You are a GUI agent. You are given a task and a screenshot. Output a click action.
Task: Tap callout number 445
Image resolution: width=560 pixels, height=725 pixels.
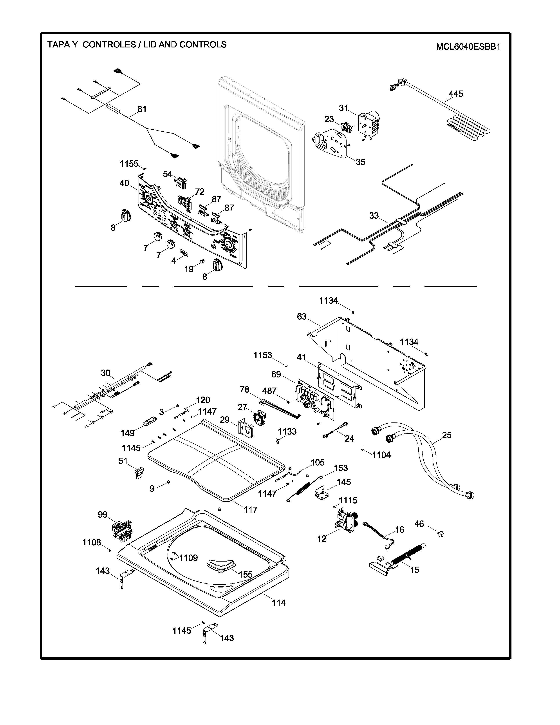tap(456, 94)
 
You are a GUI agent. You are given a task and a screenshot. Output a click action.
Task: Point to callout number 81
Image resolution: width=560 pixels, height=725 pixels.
tap(142, 109)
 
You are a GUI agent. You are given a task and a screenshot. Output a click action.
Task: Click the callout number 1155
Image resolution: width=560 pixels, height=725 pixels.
tap(129, 164)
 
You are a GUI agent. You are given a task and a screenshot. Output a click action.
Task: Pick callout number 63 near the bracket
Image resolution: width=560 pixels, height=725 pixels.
tap(302, 317)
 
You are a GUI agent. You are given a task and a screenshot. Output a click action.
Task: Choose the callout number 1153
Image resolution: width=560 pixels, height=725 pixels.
tap(262, 355)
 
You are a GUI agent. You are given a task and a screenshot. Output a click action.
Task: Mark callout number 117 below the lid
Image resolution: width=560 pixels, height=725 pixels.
tap(251, 509)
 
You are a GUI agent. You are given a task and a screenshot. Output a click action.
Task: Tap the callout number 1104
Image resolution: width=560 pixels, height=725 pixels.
tap(381, 455)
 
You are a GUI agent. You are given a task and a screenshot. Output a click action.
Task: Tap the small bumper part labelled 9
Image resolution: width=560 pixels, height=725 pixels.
tap(168, 481)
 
